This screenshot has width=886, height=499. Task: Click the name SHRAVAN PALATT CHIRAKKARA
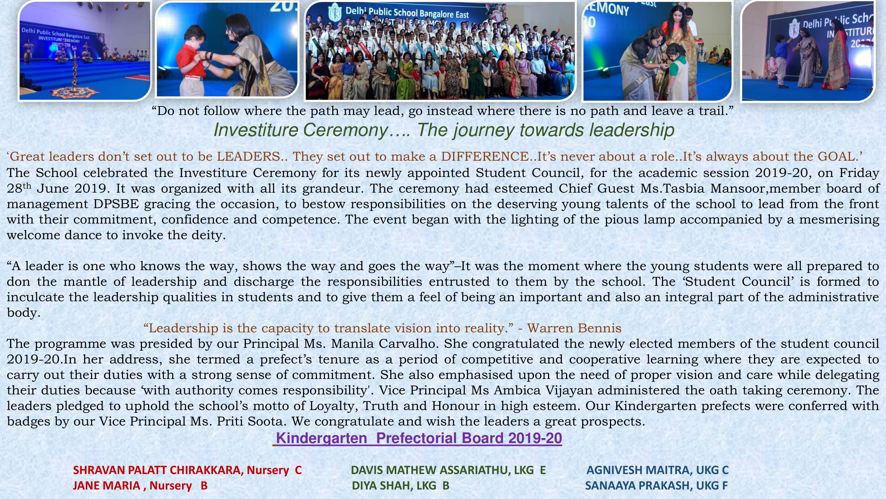[x=156, y=470]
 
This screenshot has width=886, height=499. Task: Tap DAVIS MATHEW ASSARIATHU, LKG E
[x=448, y=470]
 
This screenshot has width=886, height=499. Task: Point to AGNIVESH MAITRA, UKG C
[x=657, y=470]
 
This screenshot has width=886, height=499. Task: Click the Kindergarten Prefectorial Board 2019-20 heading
[x=419, y=438]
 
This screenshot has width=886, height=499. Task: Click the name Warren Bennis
[x=574, y=328]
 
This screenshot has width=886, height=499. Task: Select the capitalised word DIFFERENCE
[x=485, y=157]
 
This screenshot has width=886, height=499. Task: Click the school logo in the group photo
[x=334, y=12]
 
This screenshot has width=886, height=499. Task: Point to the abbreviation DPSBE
[x=116, y=204]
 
